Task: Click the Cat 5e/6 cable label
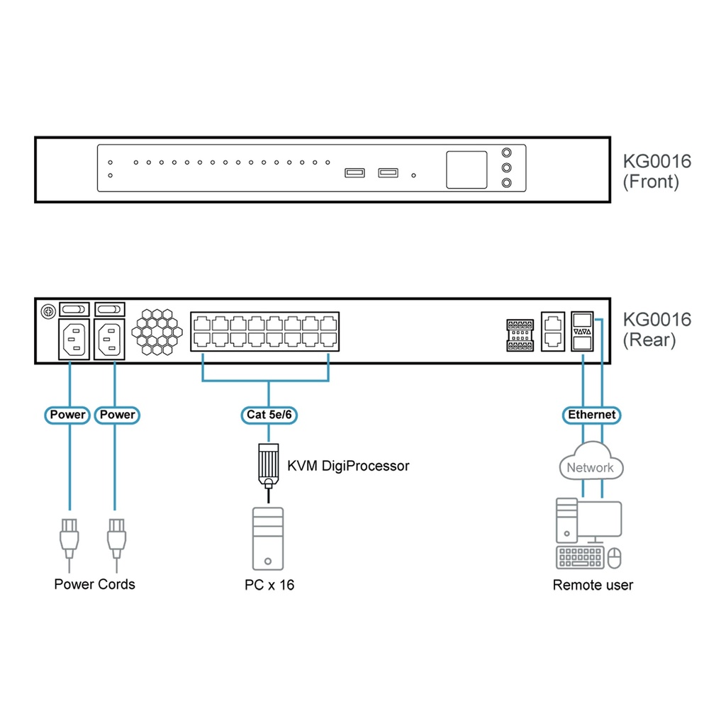(x=267, y=415)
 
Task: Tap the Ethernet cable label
(x=591, y=415)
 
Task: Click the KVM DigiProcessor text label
(x=348, y=466)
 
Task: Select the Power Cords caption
(x=94, y=584)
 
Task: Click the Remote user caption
(x=593, y=585)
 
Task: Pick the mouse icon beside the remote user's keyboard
(x=614, y=558)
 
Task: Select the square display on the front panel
(x=467, y=169)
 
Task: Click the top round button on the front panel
(x=506, y=152)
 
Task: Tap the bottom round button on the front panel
(x=506, y=184)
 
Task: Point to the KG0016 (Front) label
(x=657, y=171)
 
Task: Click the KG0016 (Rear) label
(x=657, y=330)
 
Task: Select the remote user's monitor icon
(x=600, y=519)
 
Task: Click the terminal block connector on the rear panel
(x=520, y=335)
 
